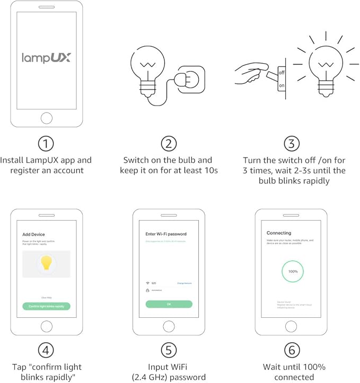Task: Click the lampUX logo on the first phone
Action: [x=46, y=57]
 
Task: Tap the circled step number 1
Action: [x=46, y=144]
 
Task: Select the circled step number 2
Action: [x=168, y=144]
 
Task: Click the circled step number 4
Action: [x=46, y=351]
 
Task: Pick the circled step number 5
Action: [x=168, y=351]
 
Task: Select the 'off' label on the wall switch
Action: [x=282, y=72]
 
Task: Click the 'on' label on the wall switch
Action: [x=282, y=85]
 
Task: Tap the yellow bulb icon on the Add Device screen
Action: [x=46, y=263]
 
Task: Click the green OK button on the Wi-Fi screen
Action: [x=169, y=304]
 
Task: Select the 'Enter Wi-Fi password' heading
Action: [x=165, y=234]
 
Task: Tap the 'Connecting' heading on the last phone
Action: [x=279, y=233]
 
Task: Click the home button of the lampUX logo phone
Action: [x=46, y=117]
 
